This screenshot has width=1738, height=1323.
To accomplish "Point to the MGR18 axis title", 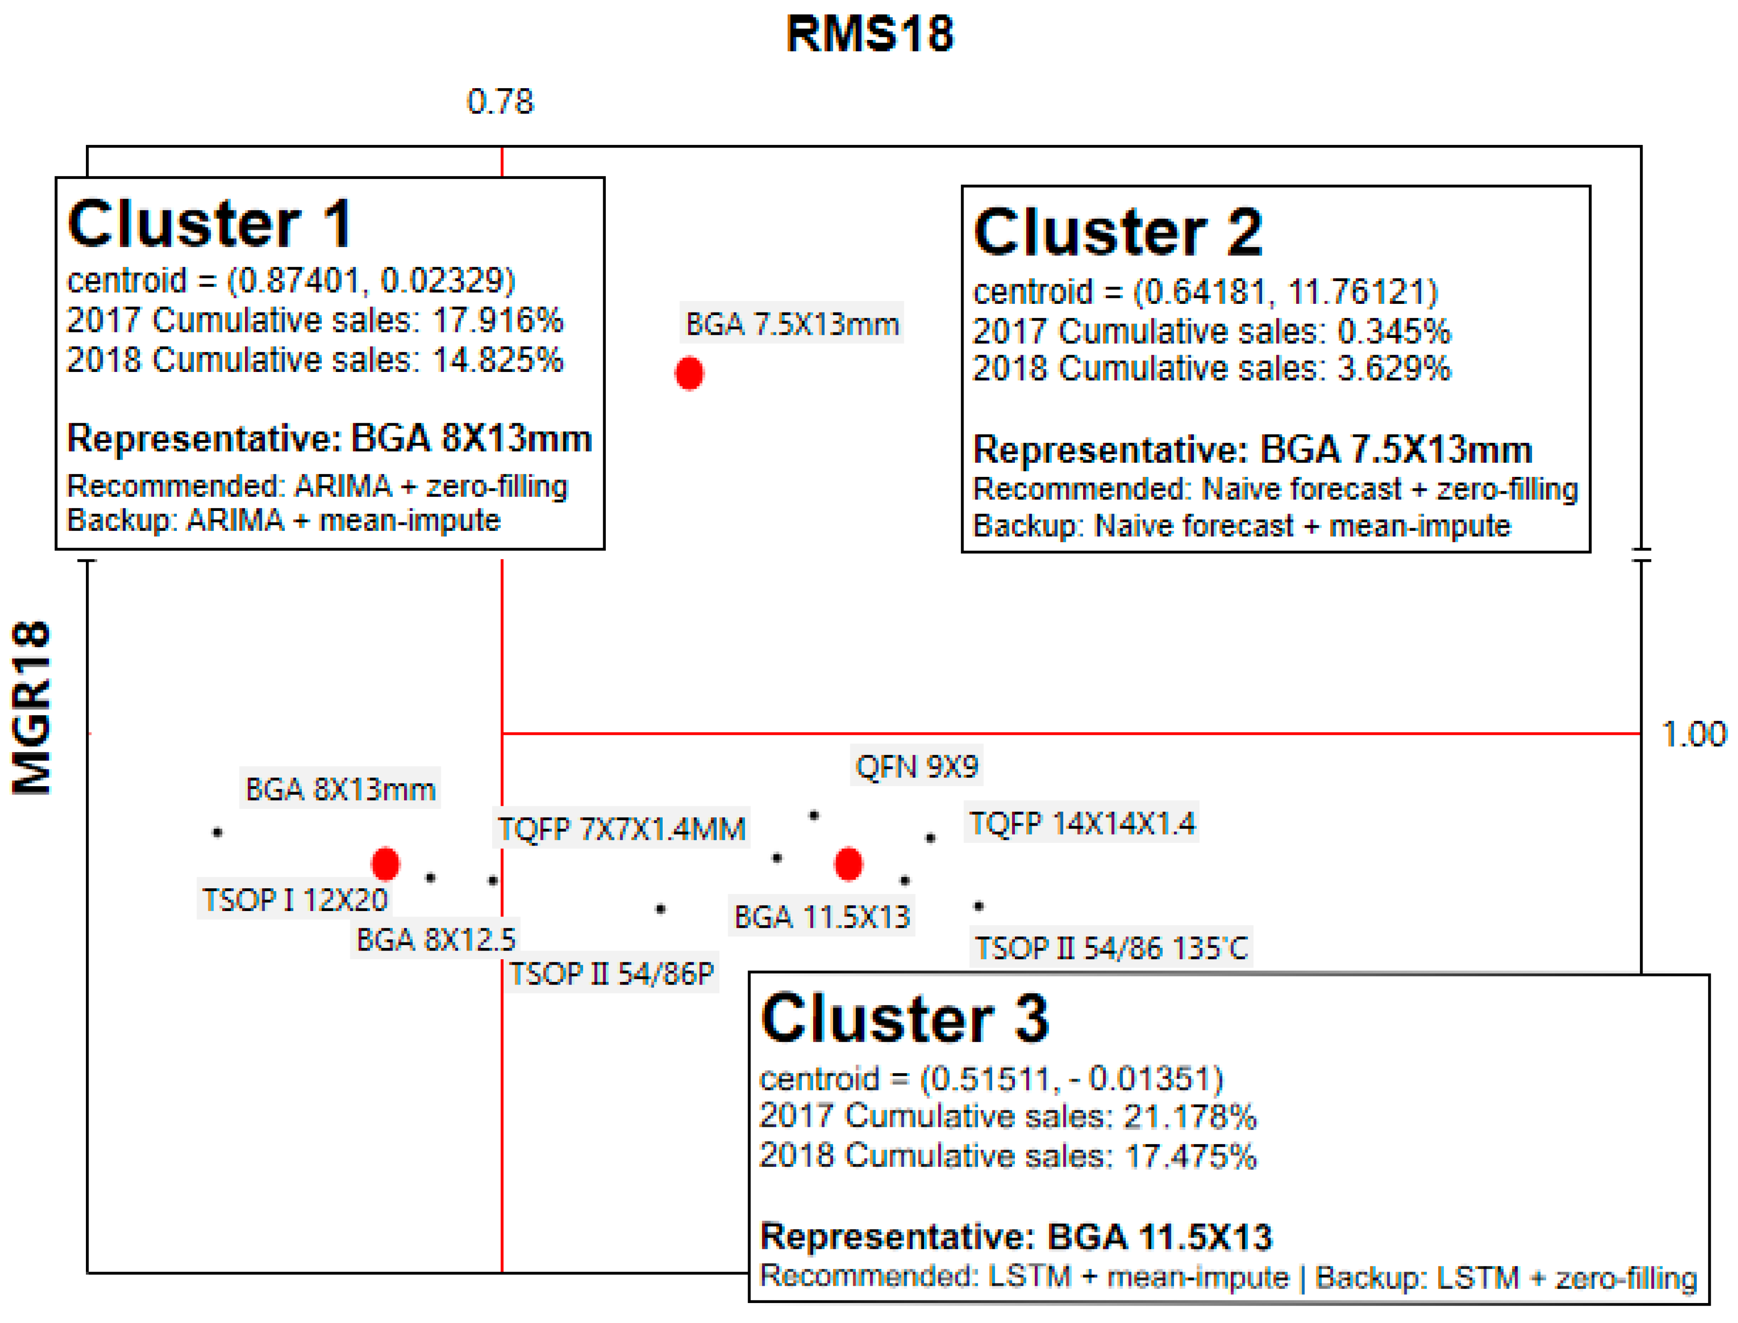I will [x=31, y=707].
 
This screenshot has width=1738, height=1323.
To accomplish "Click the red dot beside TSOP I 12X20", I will [x=385, y=864].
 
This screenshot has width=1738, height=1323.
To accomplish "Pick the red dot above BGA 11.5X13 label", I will [x=848, y=864].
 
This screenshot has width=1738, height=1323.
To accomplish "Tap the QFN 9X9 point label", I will [x=916, y=766].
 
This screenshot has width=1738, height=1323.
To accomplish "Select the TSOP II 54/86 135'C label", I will [x=1110, y=948].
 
